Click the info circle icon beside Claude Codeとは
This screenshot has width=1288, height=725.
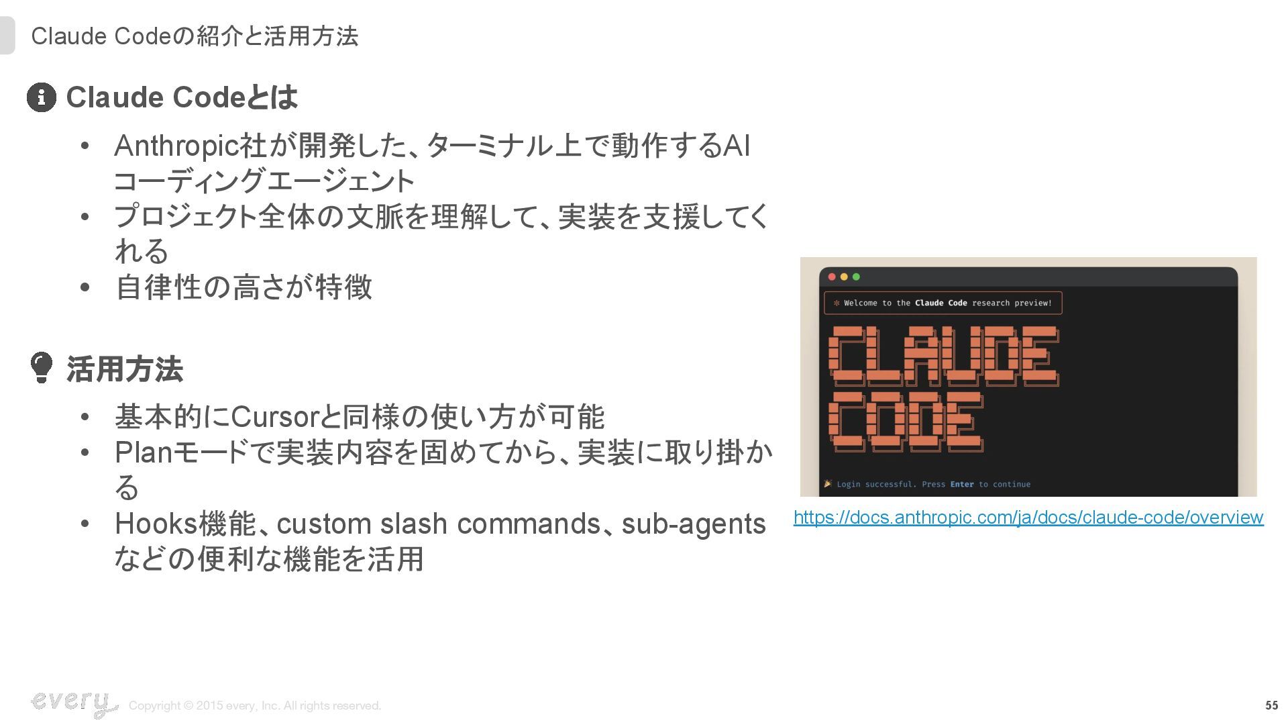(42, 97)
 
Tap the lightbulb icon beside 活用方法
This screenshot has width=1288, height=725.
(42, 367)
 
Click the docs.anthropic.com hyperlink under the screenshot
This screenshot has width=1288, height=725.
(1028, 518)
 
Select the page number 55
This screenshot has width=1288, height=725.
(1271, 706)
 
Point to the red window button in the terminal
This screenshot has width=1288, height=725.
(832, 277)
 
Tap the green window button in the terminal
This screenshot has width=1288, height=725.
(856, 277)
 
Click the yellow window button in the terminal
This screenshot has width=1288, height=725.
(844, 277)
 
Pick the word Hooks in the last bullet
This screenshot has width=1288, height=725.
(156, 524)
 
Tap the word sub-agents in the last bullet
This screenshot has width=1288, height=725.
(694, 524)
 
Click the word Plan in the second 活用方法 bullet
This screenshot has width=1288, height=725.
(144, 452)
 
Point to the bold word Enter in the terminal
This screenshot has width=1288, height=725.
(962, 484)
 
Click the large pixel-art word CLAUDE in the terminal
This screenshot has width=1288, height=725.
(944, 356)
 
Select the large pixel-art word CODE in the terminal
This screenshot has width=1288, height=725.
(906, 422)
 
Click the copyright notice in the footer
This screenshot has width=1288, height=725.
(255, 706)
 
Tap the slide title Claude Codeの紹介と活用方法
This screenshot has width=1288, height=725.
(195, 36)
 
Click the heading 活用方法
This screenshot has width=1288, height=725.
(125, 369)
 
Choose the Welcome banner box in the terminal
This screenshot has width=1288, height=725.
(943, 303)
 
